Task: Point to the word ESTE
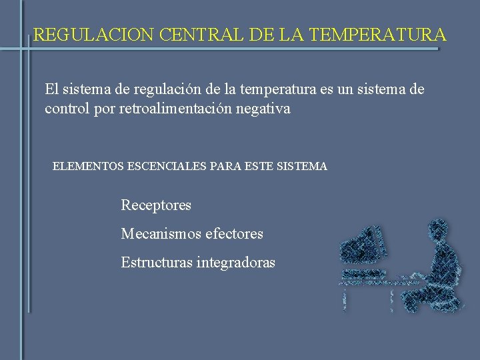(257, 167)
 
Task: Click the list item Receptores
(156, 205)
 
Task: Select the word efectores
(235, 234)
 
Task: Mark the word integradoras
(235, 263)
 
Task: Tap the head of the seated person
(439, 233)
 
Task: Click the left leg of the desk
(345, 297)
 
